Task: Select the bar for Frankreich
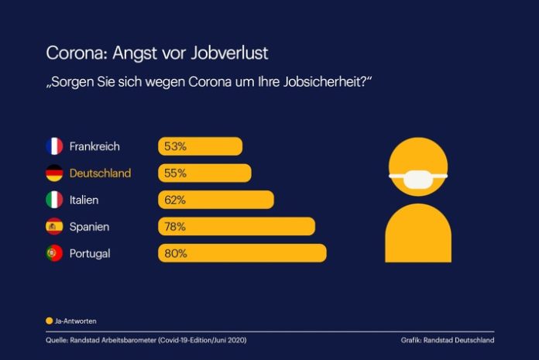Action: (201, 146)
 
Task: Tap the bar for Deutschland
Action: (205, 173)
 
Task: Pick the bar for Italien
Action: (216, 200)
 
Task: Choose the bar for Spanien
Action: (237, 227)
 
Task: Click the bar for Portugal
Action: (242, 253)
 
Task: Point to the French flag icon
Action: (54, 146)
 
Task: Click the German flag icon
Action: (54, 173)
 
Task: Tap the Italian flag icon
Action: (54, 200)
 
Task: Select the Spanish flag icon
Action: (54, 227)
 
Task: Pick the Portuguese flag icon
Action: (54, 253)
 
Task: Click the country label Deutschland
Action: (100, 173)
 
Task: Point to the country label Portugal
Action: (90, 253)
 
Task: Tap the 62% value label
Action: (174, 200)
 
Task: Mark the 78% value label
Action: (174, 227)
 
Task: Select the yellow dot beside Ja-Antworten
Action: (49, 320)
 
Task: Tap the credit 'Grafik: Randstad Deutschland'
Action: (448, 340)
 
